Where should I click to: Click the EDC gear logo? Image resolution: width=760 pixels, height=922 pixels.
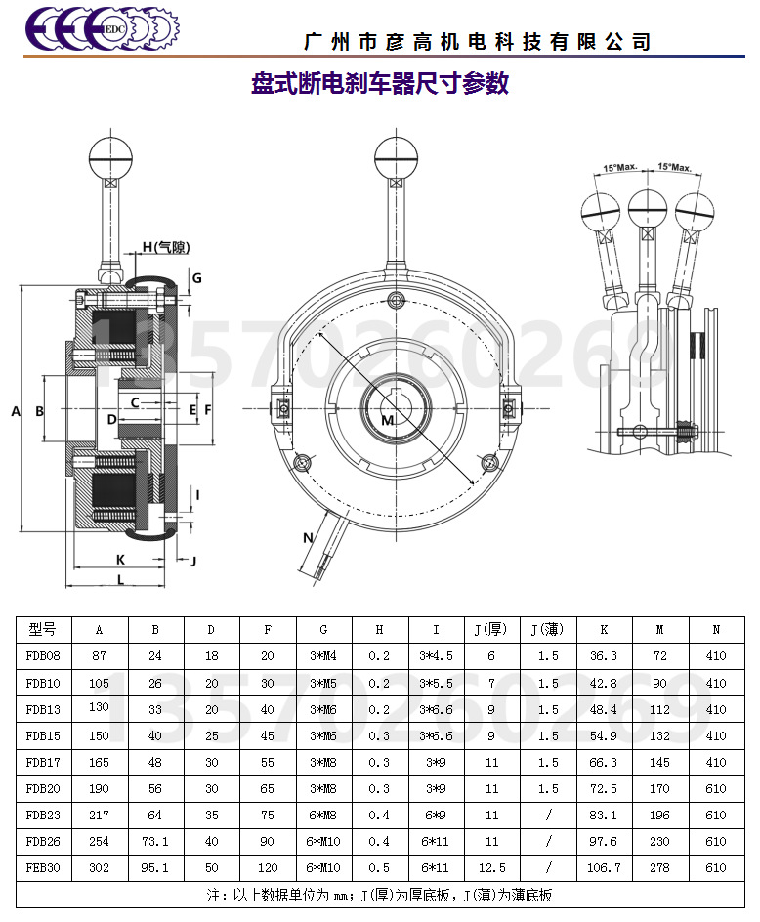(x=103, y=28)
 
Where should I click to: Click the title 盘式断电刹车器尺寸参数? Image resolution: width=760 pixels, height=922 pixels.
(x=380, y=83)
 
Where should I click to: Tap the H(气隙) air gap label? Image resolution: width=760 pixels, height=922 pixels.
(x=166, y=247)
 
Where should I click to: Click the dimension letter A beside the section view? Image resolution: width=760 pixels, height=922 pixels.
(x=16, y=411)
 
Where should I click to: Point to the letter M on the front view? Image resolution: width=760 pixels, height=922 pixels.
(x=387, y=420)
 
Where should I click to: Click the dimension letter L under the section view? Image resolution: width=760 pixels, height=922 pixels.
(x=120, y=580)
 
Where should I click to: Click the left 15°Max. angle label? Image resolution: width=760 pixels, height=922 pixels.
(x=620, y=167)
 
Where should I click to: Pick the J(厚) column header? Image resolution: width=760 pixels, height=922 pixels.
(x=490, y=630)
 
